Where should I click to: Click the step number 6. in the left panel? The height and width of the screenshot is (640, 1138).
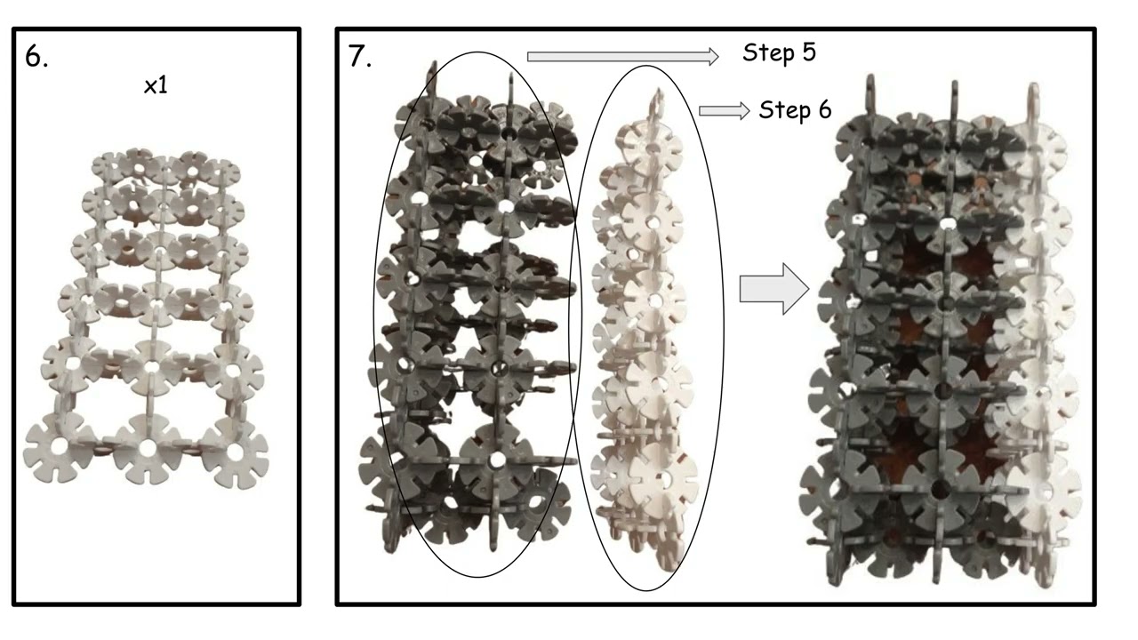coord(36,56)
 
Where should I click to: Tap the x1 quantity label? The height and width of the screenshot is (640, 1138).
coord(156,86)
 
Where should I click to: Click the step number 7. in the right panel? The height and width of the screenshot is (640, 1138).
coord(360,56)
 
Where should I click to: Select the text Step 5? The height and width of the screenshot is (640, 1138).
coord(779,52)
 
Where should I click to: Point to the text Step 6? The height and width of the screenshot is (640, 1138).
coord(795,110)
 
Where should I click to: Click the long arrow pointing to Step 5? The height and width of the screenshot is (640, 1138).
coord(623,56)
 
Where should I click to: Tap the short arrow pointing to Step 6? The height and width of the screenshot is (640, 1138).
coord(724,111)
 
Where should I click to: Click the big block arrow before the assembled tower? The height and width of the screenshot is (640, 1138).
coord(774,289)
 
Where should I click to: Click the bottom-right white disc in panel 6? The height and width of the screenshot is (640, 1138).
coord(235,452)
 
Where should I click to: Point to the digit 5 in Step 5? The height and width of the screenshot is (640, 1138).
coord(809,52)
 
